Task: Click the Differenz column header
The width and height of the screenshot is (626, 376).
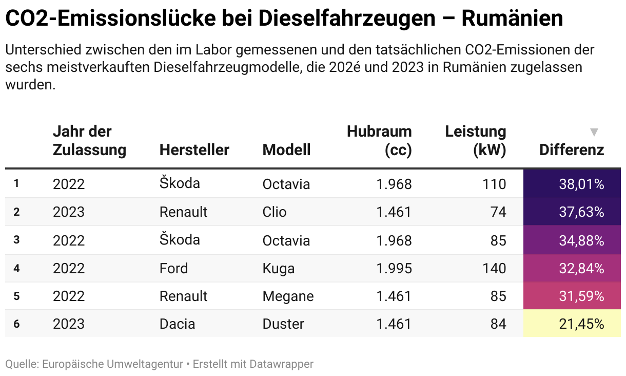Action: click(x=572, y=150)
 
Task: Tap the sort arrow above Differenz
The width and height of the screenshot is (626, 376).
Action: click(x=594, y=133)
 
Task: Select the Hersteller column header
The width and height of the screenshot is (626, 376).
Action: click(x=194, y=150)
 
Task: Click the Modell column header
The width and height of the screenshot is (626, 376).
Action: click(x=286, y=150)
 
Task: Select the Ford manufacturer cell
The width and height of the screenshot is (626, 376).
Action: click(x=173, y=268)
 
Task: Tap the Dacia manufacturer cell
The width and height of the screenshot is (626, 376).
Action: click(x=177, y=324)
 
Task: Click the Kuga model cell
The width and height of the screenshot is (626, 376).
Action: click(x=278, y=268)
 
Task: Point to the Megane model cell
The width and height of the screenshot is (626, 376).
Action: click(x=288, y=296)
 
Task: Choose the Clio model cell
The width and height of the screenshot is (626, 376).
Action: click(x=275, y=212)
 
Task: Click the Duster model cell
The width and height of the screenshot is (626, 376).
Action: click(x=283, y=324)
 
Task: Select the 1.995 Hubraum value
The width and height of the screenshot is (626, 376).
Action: click(x=394, y=268)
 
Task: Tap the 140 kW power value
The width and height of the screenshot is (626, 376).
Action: click(x=494, y=268)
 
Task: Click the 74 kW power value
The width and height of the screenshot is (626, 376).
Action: click(x=498, y=212)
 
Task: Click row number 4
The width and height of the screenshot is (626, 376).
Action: click(x=16, y=268)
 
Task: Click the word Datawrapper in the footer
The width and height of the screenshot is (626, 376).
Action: click(x=281, y=364)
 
